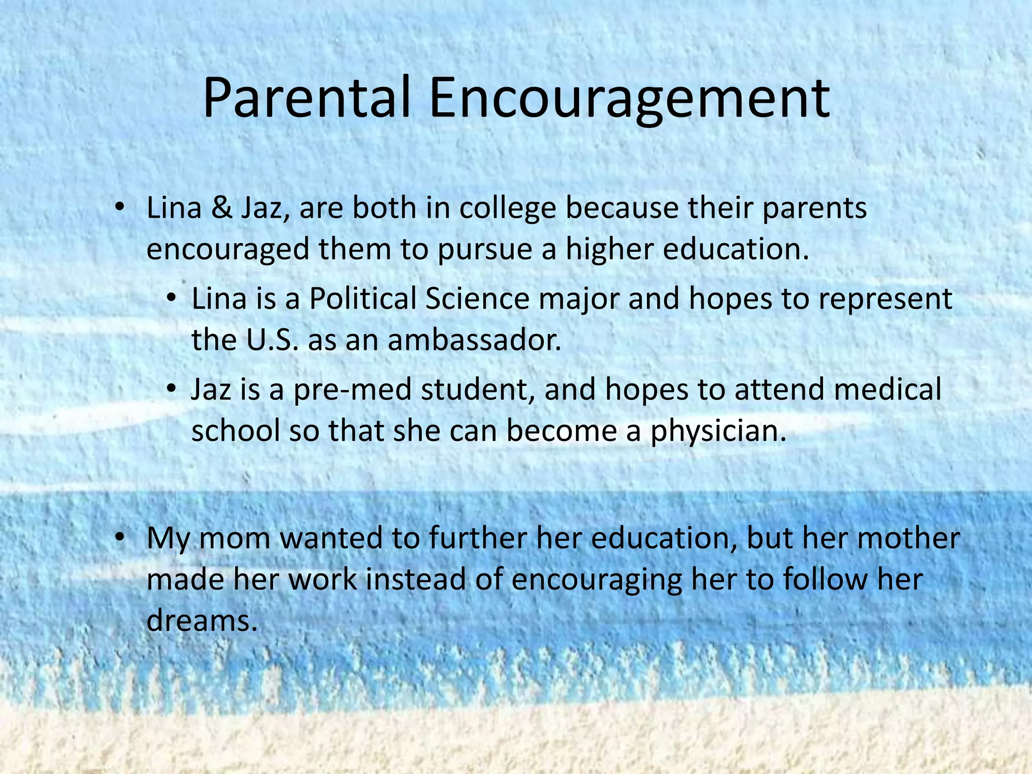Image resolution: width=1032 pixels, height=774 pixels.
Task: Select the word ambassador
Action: tap(474, 340)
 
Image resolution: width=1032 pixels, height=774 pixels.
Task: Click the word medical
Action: tap(887, 390)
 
